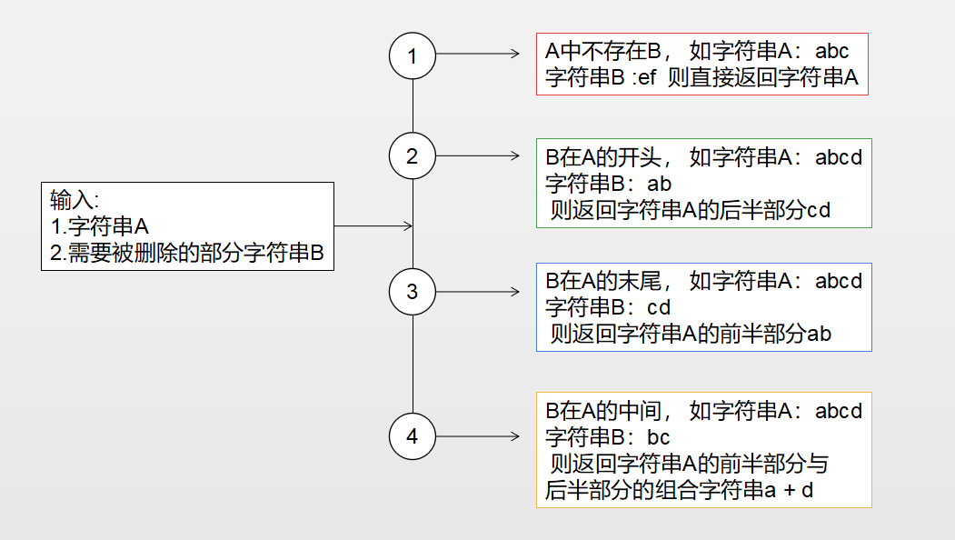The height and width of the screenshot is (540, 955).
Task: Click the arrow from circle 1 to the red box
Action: click(x=478, y=54)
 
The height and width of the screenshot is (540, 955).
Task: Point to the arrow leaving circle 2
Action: click(x=478, y=156)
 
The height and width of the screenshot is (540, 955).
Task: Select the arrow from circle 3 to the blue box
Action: click(x=478, y=292)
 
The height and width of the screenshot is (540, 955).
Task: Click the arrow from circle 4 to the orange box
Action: click(x=478, y=436)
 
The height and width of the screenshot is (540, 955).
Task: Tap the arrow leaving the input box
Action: click(x=373, y=226)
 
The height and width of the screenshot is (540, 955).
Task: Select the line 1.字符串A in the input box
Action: click(x=100, y=226)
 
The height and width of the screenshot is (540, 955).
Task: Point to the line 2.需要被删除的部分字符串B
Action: click(x=187, y=253)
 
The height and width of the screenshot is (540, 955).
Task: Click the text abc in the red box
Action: click(x=832, y=51)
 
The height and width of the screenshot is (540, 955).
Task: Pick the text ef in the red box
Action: click(x=647, y=77)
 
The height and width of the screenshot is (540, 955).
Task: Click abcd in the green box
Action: click(x=839, y=157)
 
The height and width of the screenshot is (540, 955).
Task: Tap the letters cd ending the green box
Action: click(x=818, y=210)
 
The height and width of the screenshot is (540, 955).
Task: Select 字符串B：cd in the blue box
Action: click(x=608, y=307)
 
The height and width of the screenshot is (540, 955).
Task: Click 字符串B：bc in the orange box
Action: click(x=607, y=437)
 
